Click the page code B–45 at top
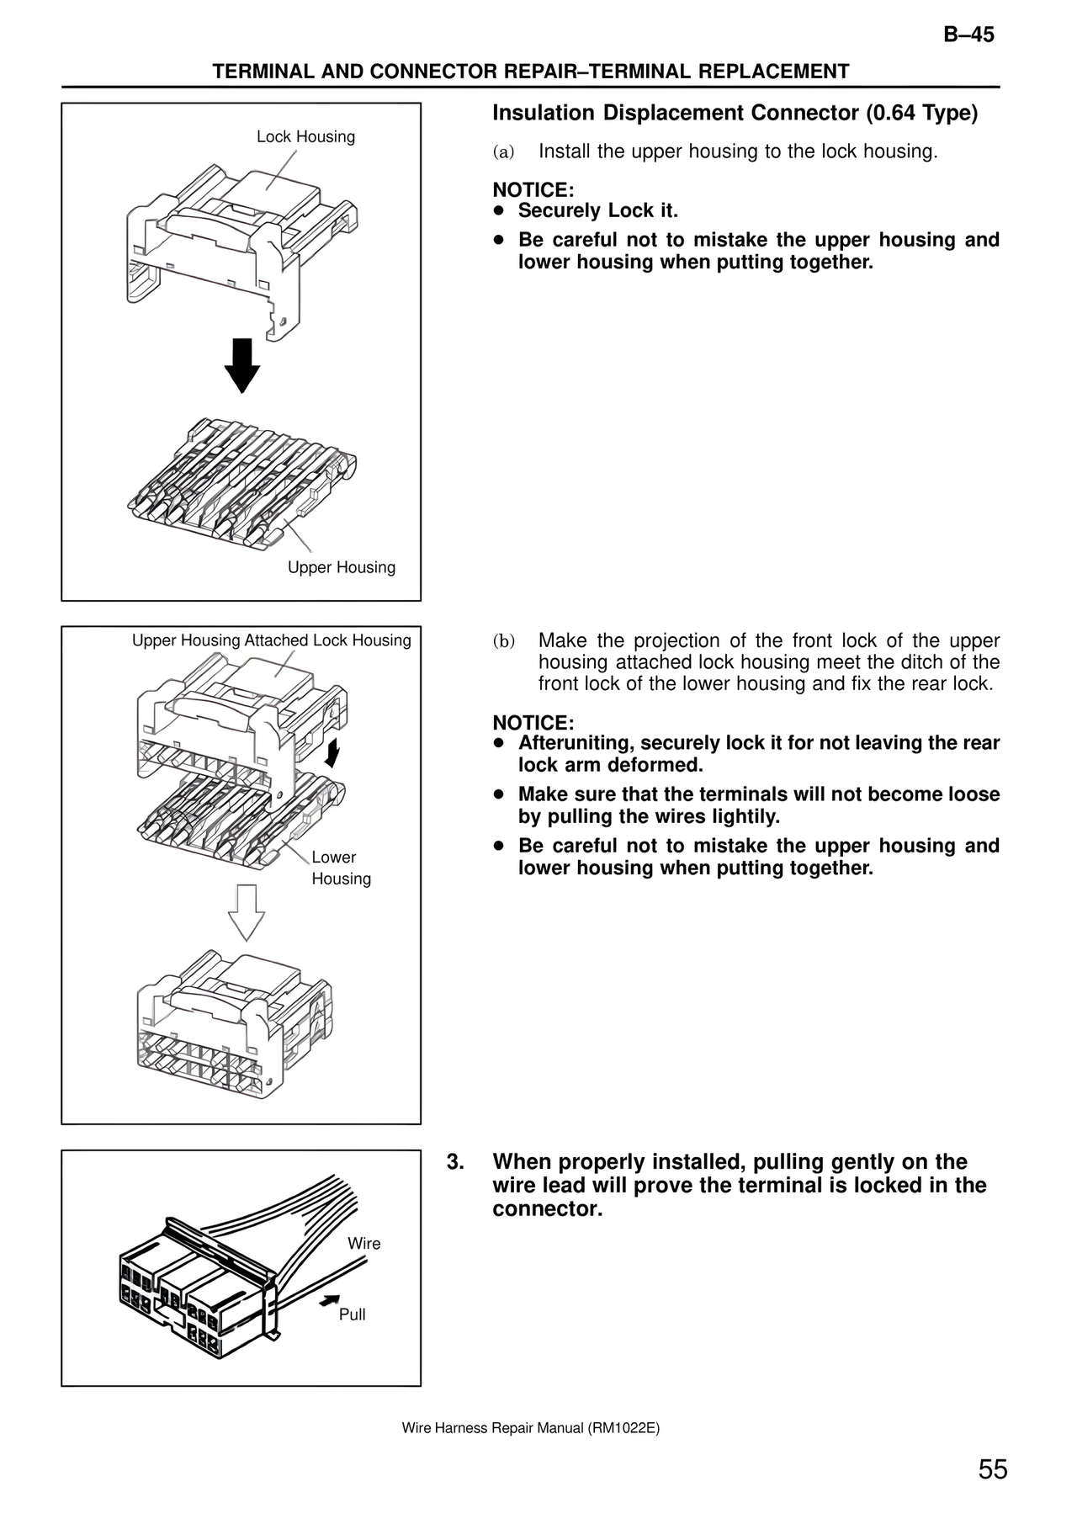point(968,35)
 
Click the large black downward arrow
point(242,365)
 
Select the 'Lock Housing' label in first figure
point(305,136)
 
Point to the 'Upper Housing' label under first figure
point(341,567)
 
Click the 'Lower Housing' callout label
point(340,868)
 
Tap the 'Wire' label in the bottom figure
point(363,1243)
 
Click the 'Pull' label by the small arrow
point(352,1314)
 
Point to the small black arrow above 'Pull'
point(330,1300)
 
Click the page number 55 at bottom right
point(992,1469)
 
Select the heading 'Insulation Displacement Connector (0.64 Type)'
point(735,113)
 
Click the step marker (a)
point(502,152)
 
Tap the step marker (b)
point(503,641)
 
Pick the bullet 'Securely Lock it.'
point(597,210)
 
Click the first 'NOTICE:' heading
point(533,190)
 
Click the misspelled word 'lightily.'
point(742,816)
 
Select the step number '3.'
point(455,1162)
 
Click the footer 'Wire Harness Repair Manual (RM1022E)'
point(530,1428)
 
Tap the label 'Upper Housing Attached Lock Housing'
point(271,640)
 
